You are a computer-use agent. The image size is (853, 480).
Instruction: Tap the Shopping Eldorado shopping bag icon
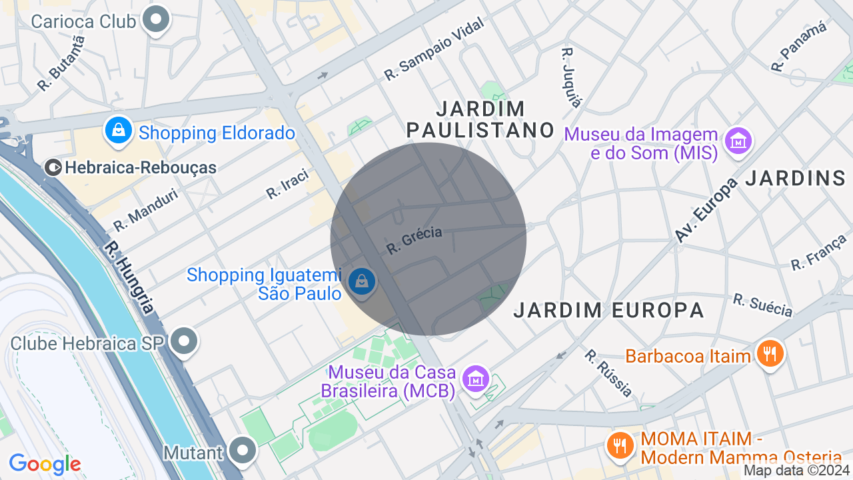tap(118, 130)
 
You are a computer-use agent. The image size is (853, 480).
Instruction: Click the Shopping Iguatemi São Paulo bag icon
tap(362, 281)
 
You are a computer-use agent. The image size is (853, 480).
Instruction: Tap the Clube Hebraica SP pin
tap(184, 342)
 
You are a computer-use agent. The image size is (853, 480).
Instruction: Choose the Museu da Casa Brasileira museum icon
tap(476, 379)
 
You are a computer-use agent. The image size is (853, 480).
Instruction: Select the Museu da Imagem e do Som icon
tap(738, 141)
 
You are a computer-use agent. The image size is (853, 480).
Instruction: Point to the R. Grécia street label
tap(414, 241)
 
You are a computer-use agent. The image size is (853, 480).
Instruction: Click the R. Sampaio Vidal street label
tap(434, 49)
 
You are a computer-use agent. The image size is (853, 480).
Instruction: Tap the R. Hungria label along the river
tap(129, 277)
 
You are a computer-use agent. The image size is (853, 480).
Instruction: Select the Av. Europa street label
tap(706, 210)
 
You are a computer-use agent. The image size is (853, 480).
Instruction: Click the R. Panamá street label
tap(798, 46)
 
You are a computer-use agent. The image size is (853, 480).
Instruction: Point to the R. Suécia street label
tap(763, 305)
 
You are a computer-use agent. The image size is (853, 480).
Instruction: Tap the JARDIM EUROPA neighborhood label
tap(608, 310)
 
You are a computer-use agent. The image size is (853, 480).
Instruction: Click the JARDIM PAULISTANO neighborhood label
tap(480, 119)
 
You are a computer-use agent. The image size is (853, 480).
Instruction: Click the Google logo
tap(45, 464)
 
